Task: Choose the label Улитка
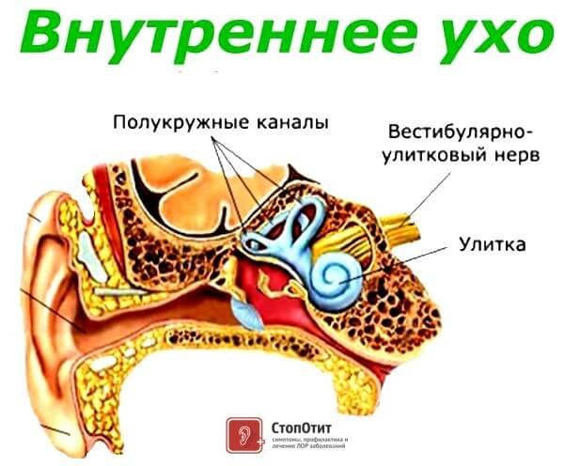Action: point(492,246)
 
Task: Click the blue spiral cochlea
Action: point(337,273)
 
